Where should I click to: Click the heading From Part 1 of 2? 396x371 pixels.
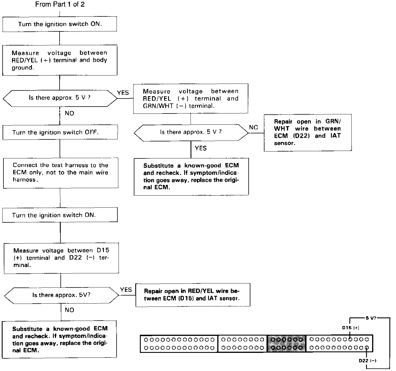pos(60,5)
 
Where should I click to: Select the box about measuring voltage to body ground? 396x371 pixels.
pos(60,60)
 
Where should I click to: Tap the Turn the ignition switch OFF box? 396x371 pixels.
pos(60,132)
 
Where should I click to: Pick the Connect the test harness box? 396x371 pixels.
pos(60,172)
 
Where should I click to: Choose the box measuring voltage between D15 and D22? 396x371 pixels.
pos(61,258)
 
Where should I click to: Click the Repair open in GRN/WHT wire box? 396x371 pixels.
pos(308,132)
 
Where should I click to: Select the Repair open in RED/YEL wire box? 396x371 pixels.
pos(193,295)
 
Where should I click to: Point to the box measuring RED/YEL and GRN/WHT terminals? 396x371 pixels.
pos(191,99)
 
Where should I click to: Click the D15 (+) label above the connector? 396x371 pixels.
pos(351,328)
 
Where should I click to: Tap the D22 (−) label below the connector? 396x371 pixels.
pos(368,361)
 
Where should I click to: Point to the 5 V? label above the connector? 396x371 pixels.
pos(371,318)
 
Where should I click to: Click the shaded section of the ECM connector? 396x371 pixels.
pos(286,344)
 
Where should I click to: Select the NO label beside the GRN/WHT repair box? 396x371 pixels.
pos(253,127)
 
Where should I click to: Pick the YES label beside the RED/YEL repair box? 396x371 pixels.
pos(126,290)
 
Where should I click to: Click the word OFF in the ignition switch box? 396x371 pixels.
pos(91,132)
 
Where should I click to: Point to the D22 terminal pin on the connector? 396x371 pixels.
pos(367,348)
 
